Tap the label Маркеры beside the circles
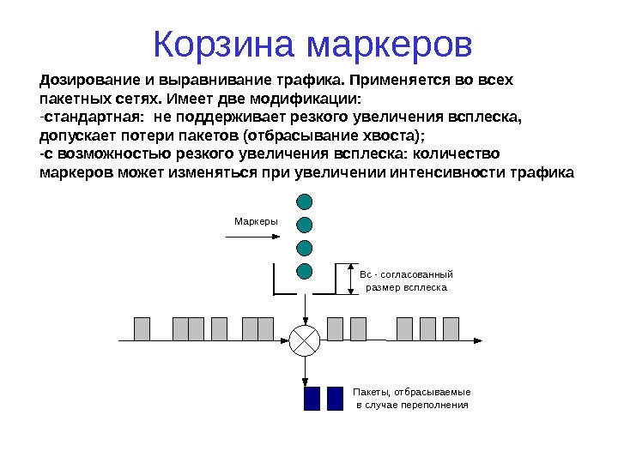[x=256, y=222]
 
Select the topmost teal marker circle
[x=304, y=202]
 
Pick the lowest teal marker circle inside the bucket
[x=304, y=272]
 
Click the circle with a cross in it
[x=304, y=340]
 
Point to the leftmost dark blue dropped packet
[x=312, y=399]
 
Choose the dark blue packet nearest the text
[x=335, y=399]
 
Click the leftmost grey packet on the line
[x=142, y=328]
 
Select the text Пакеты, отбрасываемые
[x=412, y=392]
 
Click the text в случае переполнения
[x=412, y=405]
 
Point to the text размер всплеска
[x=406, y=288]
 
